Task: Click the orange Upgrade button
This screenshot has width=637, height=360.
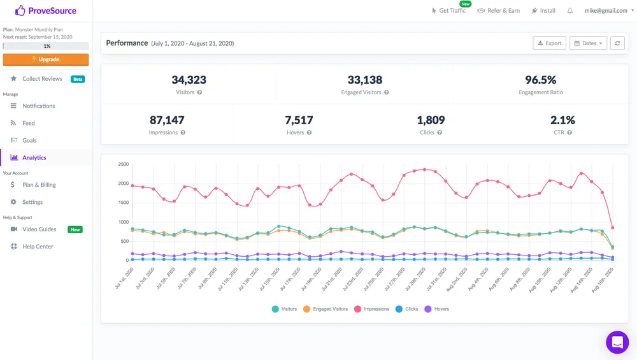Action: (46, 59)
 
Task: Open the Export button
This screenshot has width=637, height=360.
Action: (549, 43)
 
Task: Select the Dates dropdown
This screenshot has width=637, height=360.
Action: (588, 43)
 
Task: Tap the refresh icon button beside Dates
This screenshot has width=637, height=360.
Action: (617, 43)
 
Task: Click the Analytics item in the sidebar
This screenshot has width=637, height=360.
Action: (34, 157)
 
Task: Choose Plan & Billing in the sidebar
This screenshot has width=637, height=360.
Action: (39, 185)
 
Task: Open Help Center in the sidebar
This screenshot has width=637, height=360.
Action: (38, 246)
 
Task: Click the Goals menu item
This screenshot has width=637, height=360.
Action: (29, 140)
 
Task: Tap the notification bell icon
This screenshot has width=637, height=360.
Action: (570, 11)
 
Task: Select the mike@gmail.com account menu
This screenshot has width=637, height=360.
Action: (609, 11)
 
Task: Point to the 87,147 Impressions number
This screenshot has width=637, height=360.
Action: (167, 120)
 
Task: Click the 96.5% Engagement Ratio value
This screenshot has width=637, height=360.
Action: (541, 80)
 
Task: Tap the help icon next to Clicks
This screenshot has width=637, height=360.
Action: (440, 133)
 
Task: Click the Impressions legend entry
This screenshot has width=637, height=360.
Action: (372, 309)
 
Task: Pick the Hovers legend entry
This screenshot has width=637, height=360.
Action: (437, 309)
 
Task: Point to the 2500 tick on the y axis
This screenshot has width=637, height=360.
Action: (124, 164)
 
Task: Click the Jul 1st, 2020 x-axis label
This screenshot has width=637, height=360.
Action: (124, 278)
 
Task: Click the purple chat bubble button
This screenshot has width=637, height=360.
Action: (617, 342)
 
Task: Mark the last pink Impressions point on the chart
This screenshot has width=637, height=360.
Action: (613, 227)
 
